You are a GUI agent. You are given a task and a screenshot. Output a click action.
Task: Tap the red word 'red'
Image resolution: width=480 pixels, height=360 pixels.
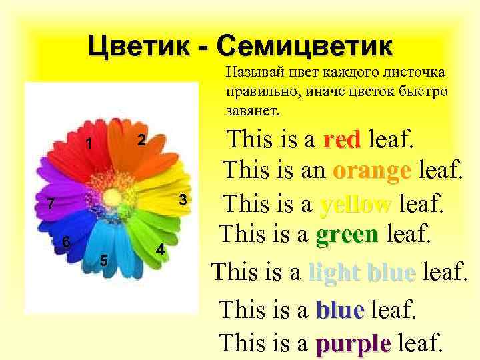pos(341,141)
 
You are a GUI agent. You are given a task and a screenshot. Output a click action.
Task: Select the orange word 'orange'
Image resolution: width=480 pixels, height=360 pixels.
pos(371,171)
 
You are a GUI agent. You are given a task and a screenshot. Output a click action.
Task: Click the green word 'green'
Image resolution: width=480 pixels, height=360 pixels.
pos(348,233)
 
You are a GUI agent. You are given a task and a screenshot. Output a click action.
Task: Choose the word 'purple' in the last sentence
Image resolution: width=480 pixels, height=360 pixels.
pos(353,344)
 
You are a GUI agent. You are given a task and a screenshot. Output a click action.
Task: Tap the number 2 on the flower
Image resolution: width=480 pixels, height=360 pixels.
pos(141,140)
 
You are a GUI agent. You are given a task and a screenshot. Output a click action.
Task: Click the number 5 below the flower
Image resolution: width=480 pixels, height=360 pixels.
pos(103,261)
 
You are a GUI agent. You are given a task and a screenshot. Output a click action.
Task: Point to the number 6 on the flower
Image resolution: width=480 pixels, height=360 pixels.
pos(66,243)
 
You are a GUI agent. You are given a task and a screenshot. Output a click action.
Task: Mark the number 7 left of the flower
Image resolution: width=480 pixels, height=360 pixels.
pos(41,204)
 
